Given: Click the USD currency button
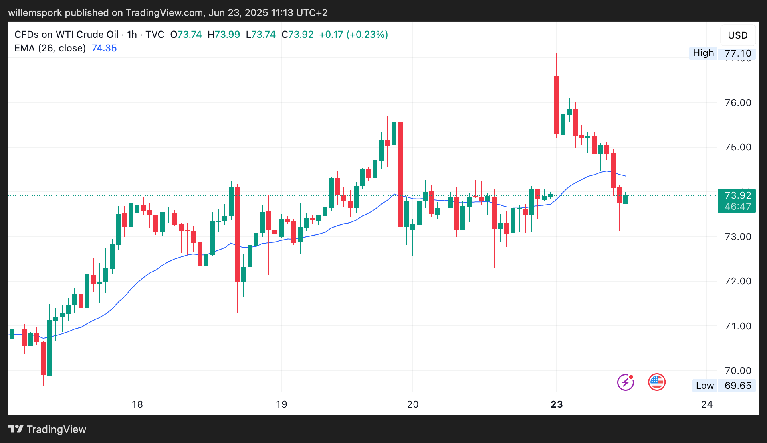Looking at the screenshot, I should coord(737,35).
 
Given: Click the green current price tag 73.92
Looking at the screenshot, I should coord(737,201).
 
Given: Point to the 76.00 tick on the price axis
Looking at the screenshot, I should coord(737,103).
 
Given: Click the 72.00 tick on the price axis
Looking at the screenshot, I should coord(737,281).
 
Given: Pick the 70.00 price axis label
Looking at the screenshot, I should coord(737,370).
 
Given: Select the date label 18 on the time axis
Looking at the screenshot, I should coord(137,404).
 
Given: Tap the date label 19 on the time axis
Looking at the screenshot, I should coord(281,404).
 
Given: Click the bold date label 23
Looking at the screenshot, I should coord(557,404).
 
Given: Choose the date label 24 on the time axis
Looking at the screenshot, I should coord(707,404).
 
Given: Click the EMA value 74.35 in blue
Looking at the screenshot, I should coord(104,48).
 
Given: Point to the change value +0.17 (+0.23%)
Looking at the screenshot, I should coord(353,35).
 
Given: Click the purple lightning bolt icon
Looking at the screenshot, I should coord(625,382).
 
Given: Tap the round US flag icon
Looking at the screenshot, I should coord(657,382).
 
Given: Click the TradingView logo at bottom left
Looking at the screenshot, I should coord(47,429).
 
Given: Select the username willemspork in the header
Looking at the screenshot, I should coord(35,13).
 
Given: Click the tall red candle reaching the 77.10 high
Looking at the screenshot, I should coord(557,105).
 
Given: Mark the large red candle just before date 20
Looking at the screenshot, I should coord(400,174).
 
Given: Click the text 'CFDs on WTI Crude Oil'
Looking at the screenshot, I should coord(67,35).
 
